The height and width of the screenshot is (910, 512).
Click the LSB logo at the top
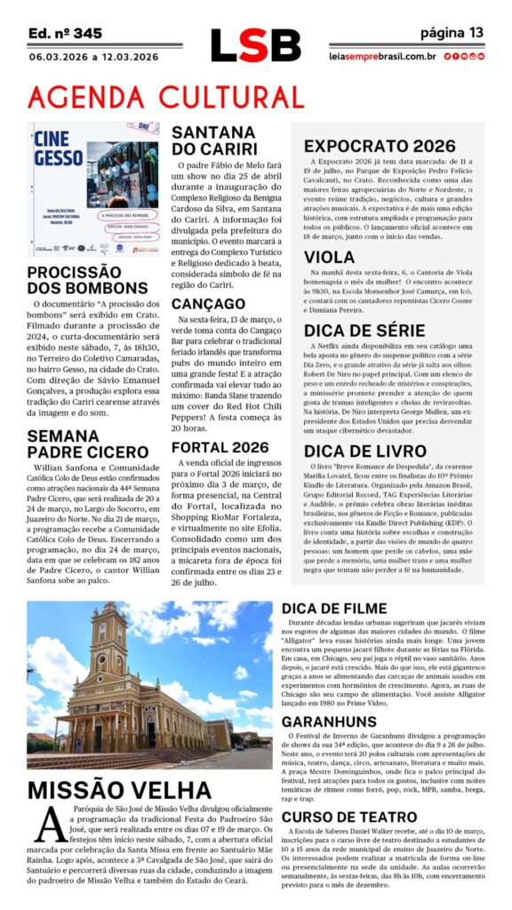[255, 44]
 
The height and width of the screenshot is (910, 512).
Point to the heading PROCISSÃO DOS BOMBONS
[87, 279]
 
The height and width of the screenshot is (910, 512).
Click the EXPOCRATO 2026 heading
[380, 147]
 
